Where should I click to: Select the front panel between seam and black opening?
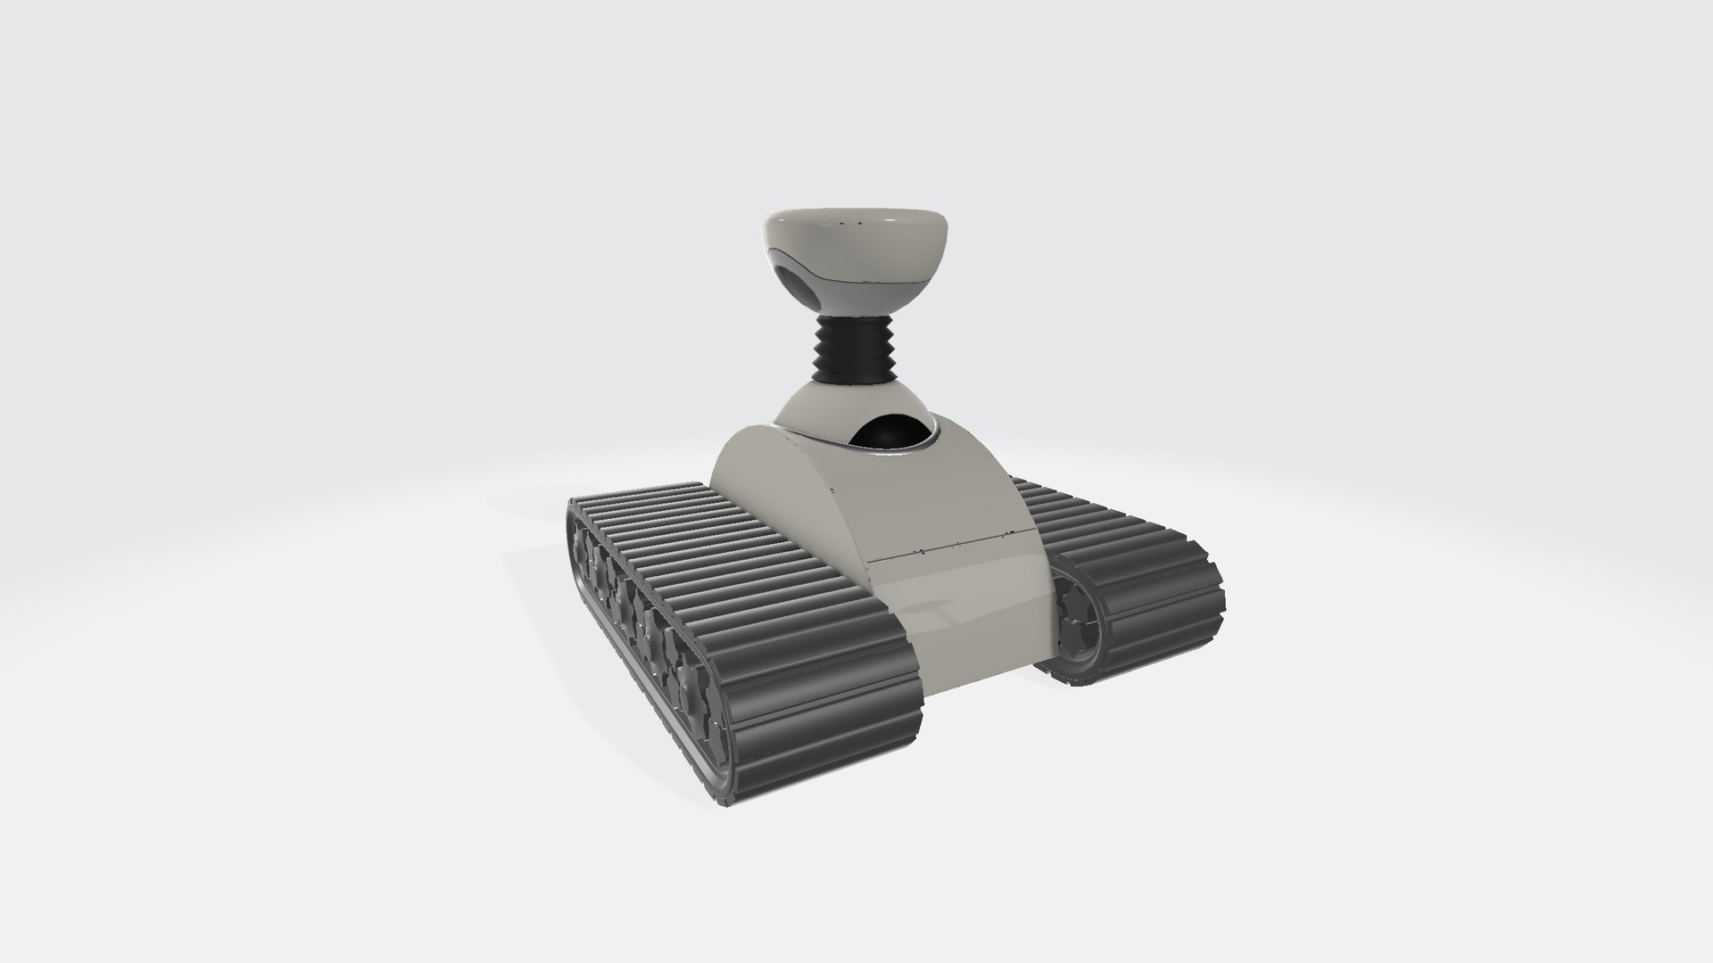point(955,499)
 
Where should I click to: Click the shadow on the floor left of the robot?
point(535,571)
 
